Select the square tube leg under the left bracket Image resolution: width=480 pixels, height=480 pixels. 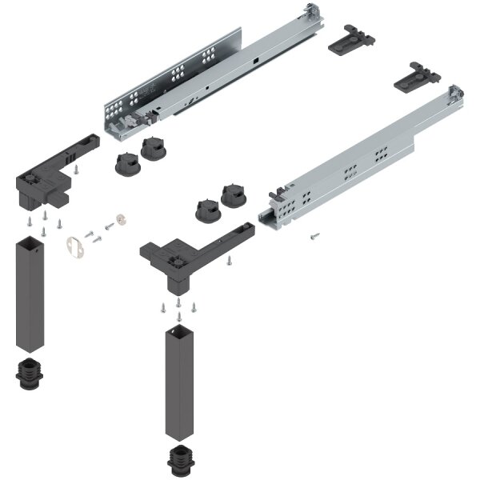tap(30, 296)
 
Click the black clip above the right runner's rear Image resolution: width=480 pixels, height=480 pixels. tap(421, 77)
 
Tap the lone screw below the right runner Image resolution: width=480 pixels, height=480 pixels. tap(314, 235)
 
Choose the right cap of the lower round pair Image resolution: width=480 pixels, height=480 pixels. tap(235, 194)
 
